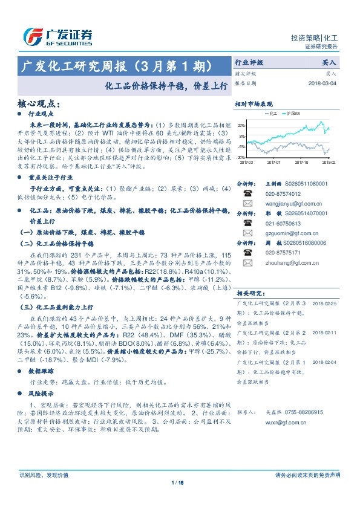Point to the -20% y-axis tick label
(241, 157)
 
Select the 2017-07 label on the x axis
(273, 162)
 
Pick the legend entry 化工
(270, 113)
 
